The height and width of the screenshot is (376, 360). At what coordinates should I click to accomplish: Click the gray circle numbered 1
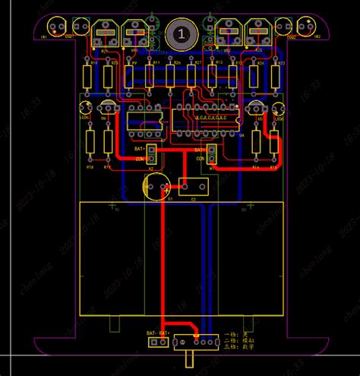click(x=181, y=33)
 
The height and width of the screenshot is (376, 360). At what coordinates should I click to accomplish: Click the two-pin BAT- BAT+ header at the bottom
click(x=159, y=343)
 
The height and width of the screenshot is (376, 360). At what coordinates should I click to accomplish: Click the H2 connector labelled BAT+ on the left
click(x=151, y=153)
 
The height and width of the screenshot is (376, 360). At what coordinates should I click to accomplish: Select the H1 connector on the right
click(x=212, y=154)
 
